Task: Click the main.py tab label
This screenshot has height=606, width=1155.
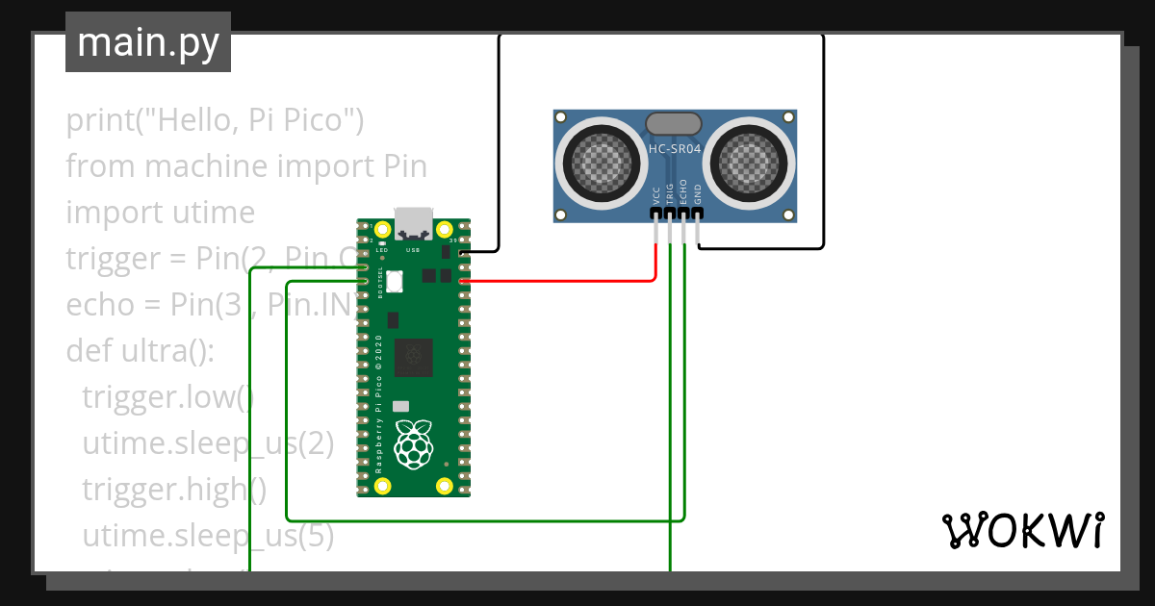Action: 147,42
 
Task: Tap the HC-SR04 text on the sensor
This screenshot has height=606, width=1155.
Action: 674,149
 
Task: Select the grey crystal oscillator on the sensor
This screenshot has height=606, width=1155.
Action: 674,123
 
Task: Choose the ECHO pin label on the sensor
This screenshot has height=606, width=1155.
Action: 683,191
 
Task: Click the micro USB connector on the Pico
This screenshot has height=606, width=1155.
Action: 414,223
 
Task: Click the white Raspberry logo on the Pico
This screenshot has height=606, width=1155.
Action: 414,444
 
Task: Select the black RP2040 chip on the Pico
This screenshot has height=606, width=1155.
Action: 414,357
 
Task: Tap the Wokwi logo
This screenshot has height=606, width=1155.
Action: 1022,530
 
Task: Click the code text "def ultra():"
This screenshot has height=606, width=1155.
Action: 140,350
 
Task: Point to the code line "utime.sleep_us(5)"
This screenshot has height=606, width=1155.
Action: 208,535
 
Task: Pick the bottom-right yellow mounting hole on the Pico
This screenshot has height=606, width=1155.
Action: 444,485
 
